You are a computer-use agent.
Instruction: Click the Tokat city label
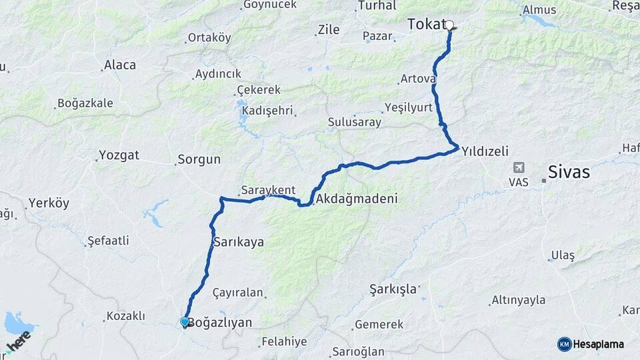coord(426,25)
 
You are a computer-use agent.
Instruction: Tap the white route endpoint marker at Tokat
coord(449,26)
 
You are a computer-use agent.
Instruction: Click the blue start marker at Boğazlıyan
coord(185,322)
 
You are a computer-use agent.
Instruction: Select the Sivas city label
coord(569,172)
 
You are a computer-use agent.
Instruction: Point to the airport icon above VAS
coord(519,167)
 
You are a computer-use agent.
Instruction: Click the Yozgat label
coord(119,155)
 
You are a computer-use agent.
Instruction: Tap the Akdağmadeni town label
coord(357,199)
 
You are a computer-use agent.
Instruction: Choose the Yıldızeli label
coord(490,151)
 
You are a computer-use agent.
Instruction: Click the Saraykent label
coord(268,190)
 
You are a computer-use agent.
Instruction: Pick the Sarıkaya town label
coord(238,242)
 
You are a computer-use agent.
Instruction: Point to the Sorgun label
coord(199,160)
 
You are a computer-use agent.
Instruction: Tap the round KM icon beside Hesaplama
coord(564,344)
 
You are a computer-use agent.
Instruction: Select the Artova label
coord(418,79)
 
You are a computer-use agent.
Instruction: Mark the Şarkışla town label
coord(393,289)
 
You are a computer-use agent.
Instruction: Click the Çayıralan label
coord(238,293)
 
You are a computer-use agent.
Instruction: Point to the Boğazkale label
coord(85,103)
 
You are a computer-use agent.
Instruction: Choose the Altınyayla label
coord(518,300)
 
